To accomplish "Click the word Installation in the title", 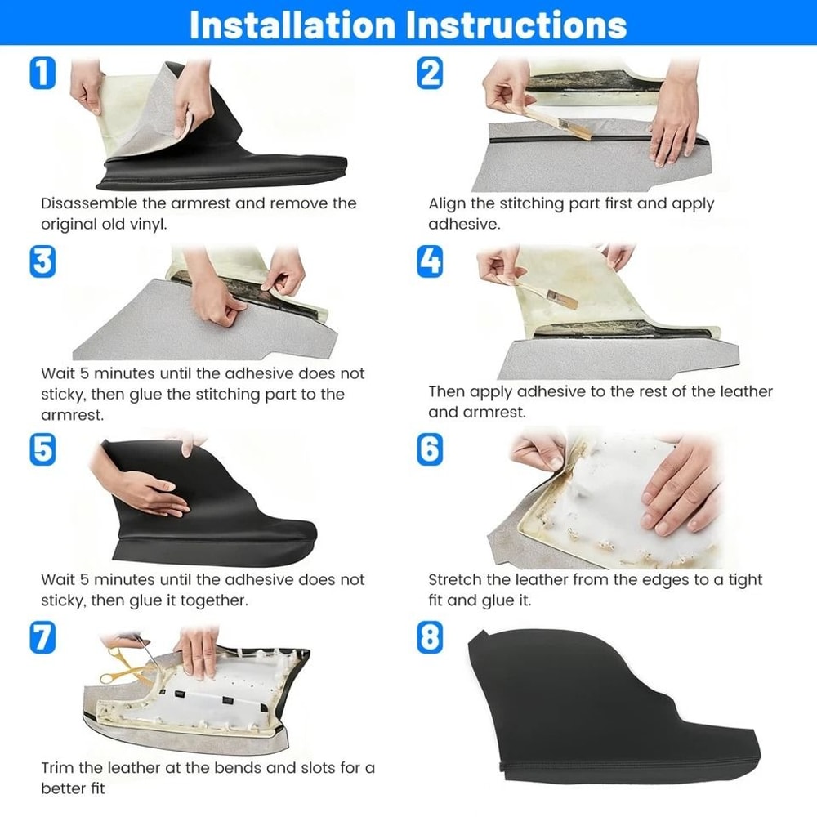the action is (292, 25).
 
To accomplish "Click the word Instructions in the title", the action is (516, 25).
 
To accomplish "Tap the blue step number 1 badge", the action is (42, 73).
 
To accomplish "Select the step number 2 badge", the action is (430, 73).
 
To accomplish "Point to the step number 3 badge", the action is (42, 261).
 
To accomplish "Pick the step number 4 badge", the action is (430, 261).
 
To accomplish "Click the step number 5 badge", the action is (42, 449).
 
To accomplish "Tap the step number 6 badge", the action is (430, 449).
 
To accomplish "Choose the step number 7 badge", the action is (42, 637).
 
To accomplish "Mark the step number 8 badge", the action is (430, 637).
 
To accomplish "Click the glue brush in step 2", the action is (556, 121).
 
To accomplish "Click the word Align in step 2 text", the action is (447, 204).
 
